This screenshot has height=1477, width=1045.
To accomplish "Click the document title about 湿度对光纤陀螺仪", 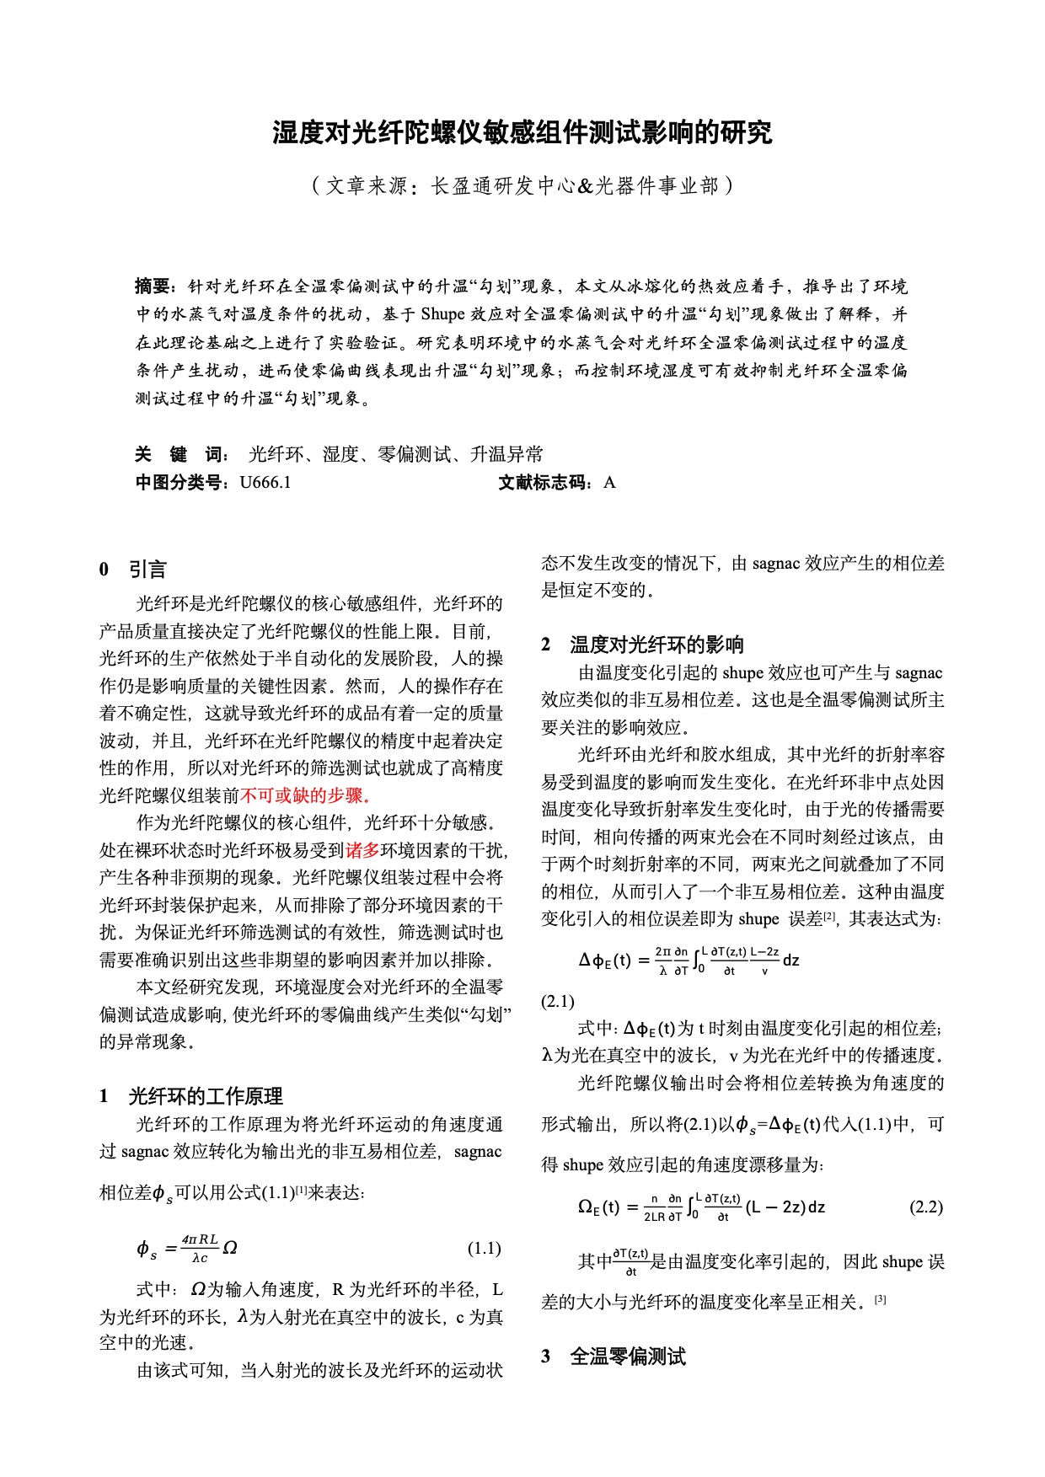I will [522, 133].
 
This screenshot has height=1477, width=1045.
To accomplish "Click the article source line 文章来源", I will [522, 185].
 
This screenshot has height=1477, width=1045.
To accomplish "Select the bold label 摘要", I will [153, 286].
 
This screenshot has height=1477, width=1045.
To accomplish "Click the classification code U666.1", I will [265, 483].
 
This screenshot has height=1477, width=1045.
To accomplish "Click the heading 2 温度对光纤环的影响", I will [642, 645].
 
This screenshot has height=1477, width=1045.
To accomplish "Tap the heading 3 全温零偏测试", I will [614, 1357].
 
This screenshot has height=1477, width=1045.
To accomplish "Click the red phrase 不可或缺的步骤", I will [306, 795].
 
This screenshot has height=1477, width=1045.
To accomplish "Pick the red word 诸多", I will [362, 850].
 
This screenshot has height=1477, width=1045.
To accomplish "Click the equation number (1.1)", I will [484, 1248].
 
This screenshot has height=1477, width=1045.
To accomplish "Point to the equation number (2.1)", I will [558, 1001].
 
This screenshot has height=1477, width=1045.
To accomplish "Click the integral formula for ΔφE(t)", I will [689, 960].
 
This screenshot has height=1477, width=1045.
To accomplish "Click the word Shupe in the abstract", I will [442, 314].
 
